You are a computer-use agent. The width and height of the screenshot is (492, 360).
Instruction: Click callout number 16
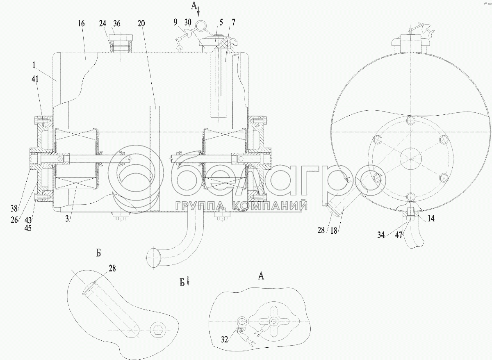(x=81, y=23)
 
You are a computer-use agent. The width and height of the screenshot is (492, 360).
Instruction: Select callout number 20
(x=141, y=23)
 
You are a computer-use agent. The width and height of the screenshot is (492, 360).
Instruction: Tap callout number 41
(x=35, y=79)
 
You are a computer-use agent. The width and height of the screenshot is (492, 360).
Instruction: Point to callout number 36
(x=116, y=23)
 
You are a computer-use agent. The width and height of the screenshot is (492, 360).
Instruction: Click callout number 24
(x=102, y=23)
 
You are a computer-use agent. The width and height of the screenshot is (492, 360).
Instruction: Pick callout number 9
(x=175, y=23)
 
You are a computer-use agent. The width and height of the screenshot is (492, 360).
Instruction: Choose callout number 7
(x=233, y=22)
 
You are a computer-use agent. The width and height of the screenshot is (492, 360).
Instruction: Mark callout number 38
(x=14, y=208)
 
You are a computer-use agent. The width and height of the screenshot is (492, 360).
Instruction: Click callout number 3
(x=67, y=218)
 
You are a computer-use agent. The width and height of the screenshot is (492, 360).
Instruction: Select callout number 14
(x=431, y=218)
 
